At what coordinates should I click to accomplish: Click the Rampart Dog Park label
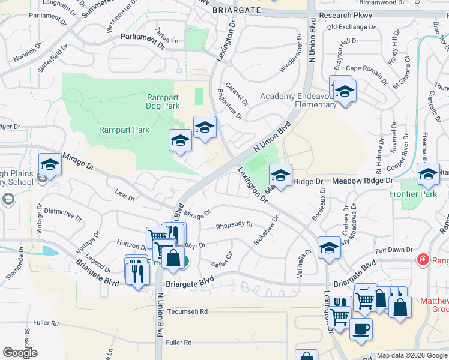pyautogui.click(x=163, y=101)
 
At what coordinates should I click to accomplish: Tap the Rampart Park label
pyautogui.click(x=124, y=130)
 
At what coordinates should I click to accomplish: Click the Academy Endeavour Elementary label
pyautogui.click(x=298, y=100)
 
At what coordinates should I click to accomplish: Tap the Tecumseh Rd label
pyautogui.click(x=187, y=311)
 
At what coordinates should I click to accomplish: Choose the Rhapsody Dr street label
pyautogui.click(x=235, y=225)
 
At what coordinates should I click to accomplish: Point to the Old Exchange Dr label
pyautogui.click(x=351, y=27)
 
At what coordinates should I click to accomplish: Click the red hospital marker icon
pyautogui.click(x=423, y=259)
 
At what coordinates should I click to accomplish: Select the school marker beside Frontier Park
pyautogui.click(x=428, y=174)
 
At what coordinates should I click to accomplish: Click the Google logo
pyautogui.click(x=20, y=353)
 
